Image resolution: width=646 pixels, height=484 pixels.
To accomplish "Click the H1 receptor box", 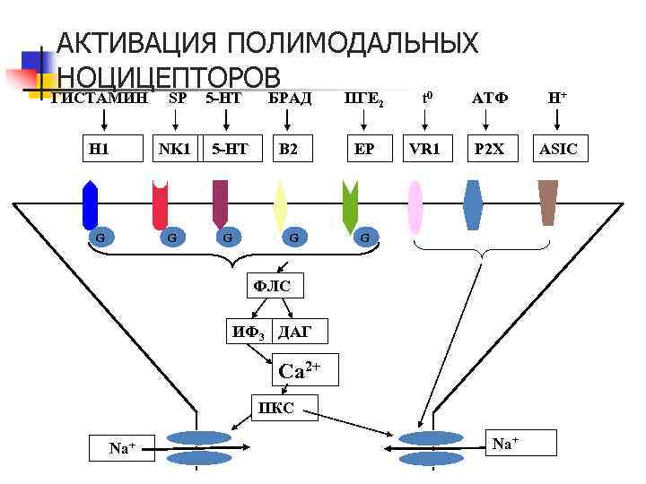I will [99, 149].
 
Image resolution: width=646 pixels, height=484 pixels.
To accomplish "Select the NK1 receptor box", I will [173, 149].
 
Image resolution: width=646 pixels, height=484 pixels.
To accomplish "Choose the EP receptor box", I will [364, 149].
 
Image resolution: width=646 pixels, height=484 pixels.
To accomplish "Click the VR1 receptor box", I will [423, 149].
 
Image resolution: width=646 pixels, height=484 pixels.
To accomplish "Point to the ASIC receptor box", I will [561, 149].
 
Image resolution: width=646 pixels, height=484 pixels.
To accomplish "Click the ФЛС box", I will [275, 286].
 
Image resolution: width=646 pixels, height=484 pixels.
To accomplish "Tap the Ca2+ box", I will [306, 370].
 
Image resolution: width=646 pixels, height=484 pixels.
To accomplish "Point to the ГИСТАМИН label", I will [99, 97].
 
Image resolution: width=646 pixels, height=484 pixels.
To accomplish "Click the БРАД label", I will [289, 97].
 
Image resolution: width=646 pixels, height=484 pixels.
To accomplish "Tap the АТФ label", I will [490, 97].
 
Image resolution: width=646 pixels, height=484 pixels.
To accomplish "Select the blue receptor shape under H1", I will [90, 205].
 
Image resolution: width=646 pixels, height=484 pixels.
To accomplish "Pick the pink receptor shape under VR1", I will [415, 206].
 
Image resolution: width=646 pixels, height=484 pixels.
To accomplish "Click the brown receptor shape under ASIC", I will [547, 203].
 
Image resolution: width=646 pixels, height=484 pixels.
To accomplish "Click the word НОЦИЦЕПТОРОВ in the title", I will [170, 76].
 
